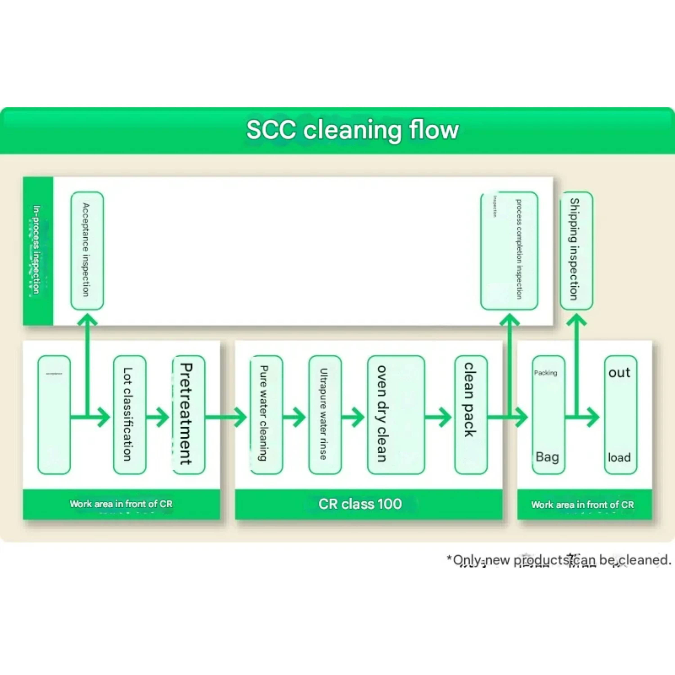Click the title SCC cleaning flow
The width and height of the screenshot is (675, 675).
click(x=352, y=130)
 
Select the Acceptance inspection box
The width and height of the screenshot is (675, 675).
click(x=87, y=250)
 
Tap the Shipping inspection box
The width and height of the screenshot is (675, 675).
click(x=576, y=250)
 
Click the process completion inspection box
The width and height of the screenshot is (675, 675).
click(x=509, y=250)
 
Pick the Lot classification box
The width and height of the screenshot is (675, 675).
click(x=129, y=415)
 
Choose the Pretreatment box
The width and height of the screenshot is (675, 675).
click(x=189, y=415)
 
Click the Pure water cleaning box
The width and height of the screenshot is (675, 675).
click(x=266, y=415)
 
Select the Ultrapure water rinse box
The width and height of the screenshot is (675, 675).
click(x=325, y=415)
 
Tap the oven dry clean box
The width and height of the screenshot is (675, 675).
click(x=396, y=415)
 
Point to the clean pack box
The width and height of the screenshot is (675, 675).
click(x=471, y=415)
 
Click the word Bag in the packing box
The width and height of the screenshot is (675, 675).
click(x=547, y=457)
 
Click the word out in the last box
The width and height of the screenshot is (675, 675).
click(x=619, y=372)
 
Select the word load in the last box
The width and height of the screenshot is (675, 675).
click(x=619, y=457)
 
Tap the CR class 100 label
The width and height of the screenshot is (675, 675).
click(x=360, y=504)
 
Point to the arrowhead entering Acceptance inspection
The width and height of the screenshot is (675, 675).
click(x=87, y=319)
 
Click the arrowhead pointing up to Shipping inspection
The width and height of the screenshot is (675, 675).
click(x=576, y=319)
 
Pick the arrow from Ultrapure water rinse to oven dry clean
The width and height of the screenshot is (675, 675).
click(x=353, y=417)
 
